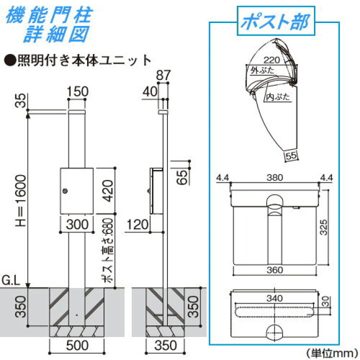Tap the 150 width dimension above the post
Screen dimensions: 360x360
pos(77,92)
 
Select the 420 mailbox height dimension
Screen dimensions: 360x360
pos(107,190)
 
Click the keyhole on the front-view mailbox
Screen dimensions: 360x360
pos(65,190)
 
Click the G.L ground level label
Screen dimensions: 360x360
pos(11,283)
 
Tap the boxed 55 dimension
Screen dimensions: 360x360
pos(290,156)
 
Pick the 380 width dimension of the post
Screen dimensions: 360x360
pos(274,177)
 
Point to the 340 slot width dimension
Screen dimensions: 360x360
pos(274,298)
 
